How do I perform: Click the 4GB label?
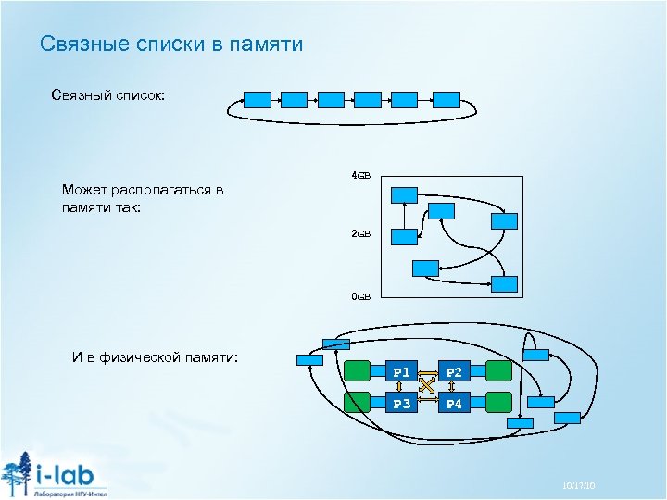pyautogui.click(x=360, y=175)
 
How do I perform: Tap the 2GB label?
pyautogui.click(x=360, y=234)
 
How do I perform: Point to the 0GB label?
pyautogui.click(x=360, y=296)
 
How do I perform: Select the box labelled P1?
pyautogui.click(x=401, y=372)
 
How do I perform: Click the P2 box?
pyautogui.click(x=454, y=372)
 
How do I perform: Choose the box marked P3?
pyautogui.click(x=401, y=403)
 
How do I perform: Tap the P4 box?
pyautogui.click(x=454, y=403)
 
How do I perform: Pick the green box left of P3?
pyautogui.click(x=358, y=403)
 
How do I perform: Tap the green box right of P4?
pyautogui.click(x=498, y=403)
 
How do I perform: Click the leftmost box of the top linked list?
pyautogui.click(x=257, y=99)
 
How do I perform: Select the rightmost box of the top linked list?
pyautogui.click(x=447, y=99)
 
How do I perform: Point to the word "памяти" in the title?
pyautogui.click(x=269, y=44)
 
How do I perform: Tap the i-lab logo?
pyautogui.click(x=56, y=474)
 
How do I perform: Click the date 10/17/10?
pyautogui.click(x=577, y=485)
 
